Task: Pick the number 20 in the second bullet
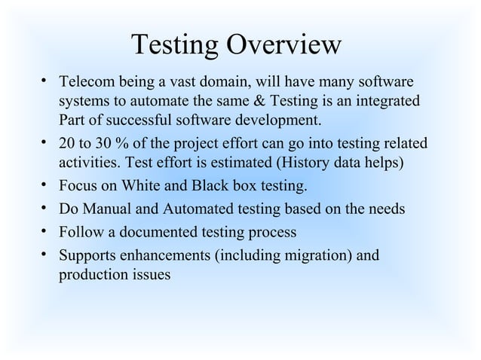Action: [x=66, y=143]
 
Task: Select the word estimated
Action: [x=246, y=163]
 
